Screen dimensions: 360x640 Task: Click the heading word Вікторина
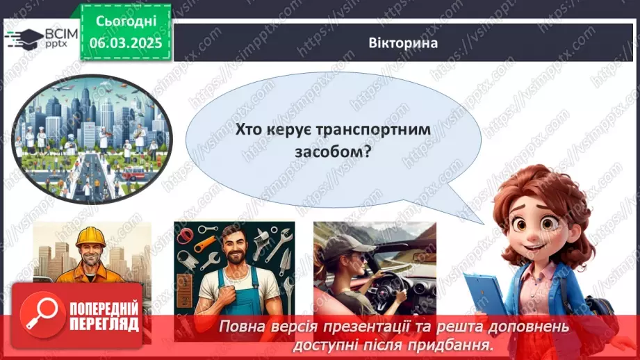click(x=403, y=42)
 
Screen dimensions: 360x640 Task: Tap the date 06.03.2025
click(x=125, y=42)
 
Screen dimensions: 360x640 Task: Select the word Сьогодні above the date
click(x=125, y=22)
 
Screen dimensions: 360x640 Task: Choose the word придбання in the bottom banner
click(x=449, y=343)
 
